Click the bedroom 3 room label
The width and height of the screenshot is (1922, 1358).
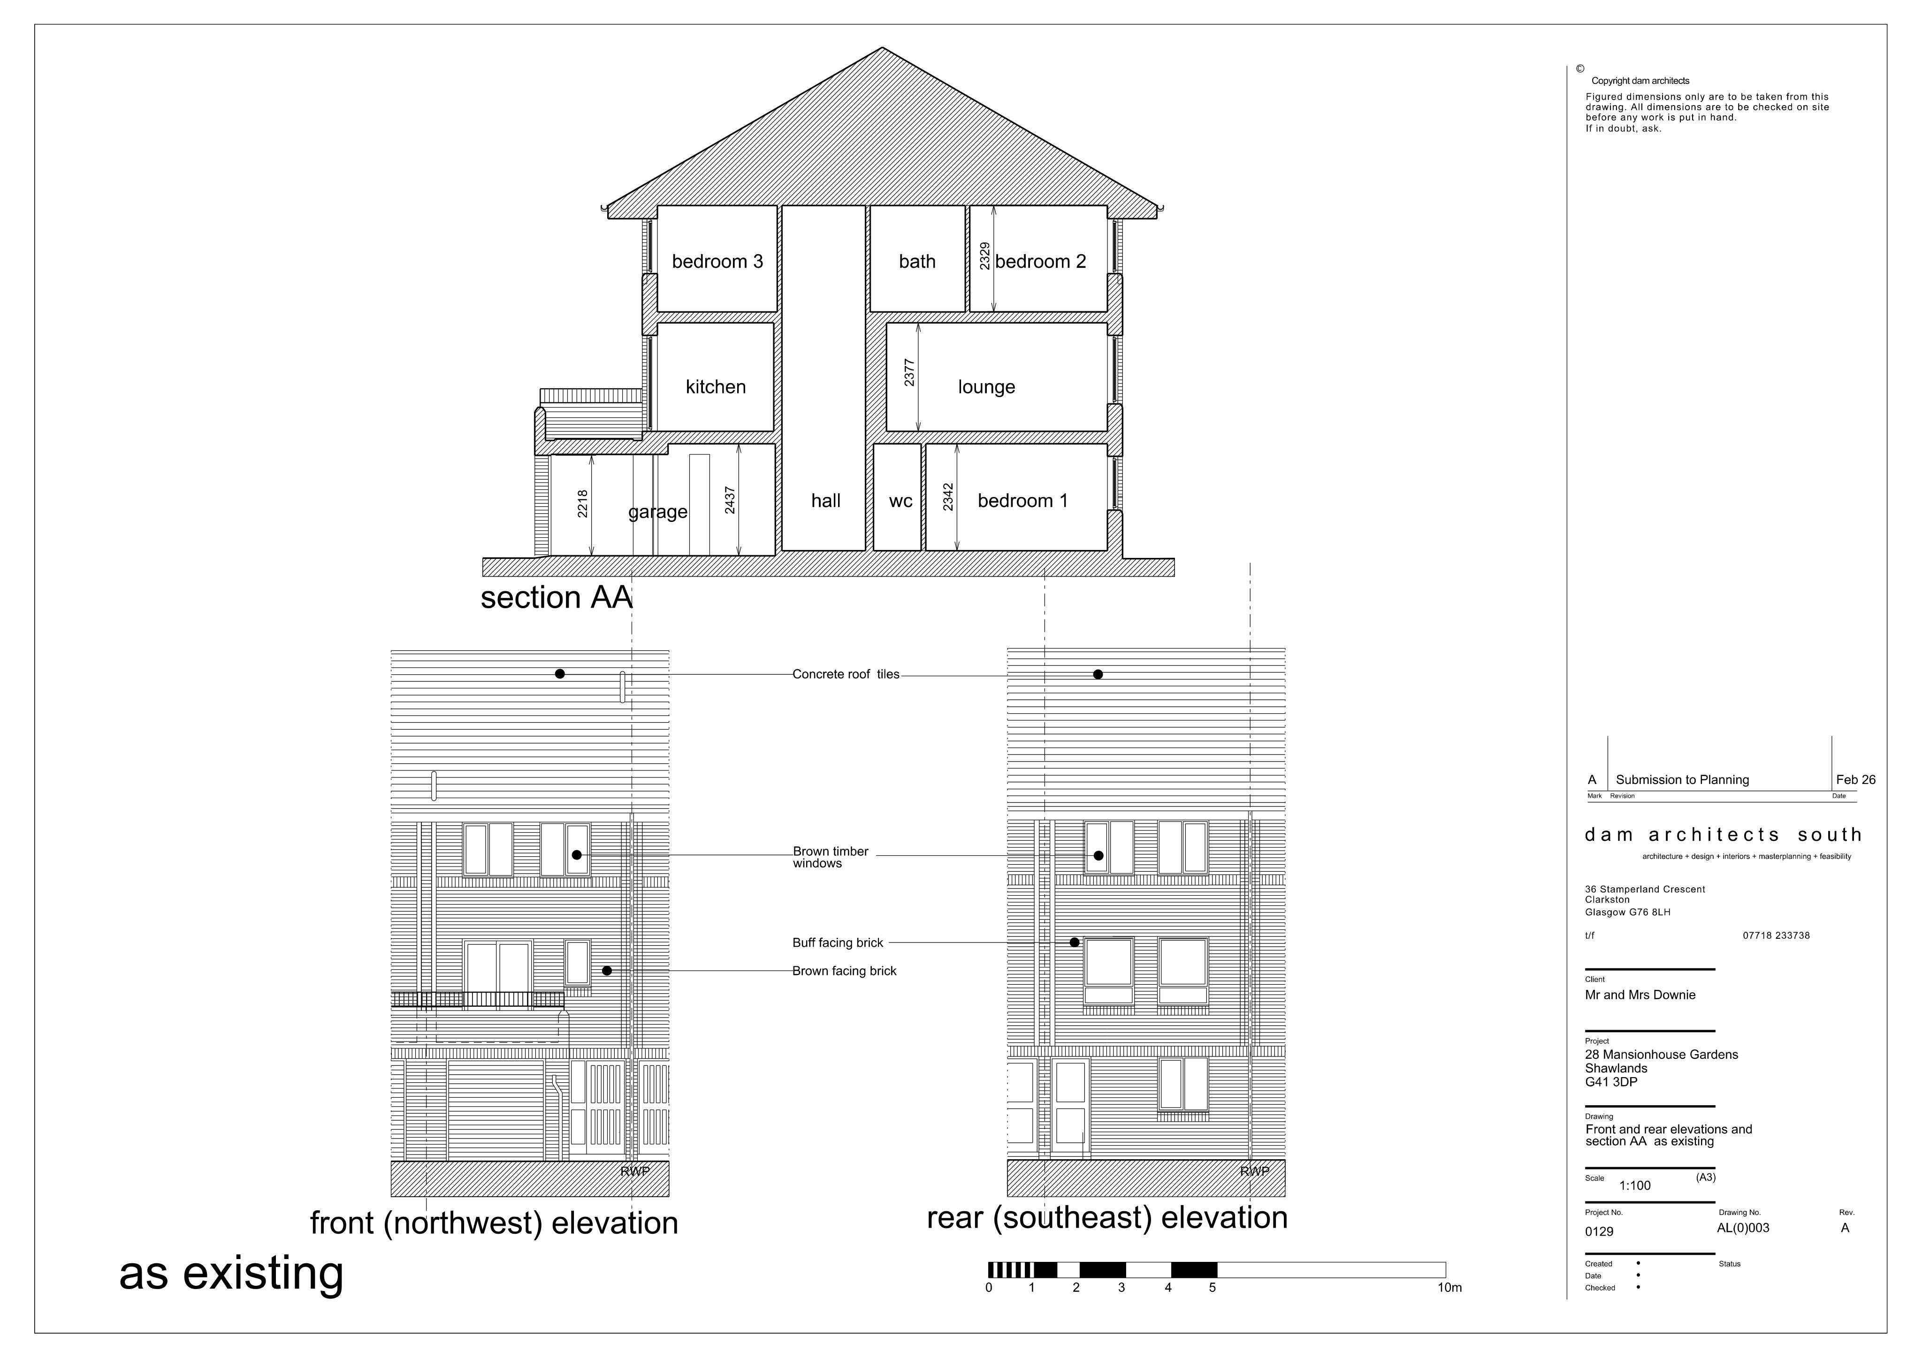coord(717,262)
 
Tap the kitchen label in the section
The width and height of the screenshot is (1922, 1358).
coord(716,386)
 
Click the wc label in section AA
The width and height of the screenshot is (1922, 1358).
coord(901,501)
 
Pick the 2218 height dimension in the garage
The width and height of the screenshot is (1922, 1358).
coord(583,504)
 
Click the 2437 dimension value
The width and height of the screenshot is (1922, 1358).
coord(730,500)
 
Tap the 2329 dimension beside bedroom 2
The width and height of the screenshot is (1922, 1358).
coord(985,256)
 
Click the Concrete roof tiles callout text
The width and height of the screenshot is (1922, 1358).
coord(846,674)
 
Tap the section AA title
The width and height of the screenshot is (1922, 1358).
coord(557,597)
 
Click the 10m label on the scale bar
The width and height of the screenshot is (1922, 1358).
coord(1450,1288)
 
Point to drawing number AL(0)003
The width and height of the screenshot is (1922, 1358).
coord(1743,1228)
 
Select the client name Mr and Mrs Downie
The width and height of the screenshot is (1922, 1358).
coord(1640,995)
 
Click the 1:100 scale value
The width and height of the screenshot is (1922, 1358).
coord(1635,1185)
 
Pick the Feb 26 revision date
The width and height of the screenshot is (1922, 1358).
coord(1856,780)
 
